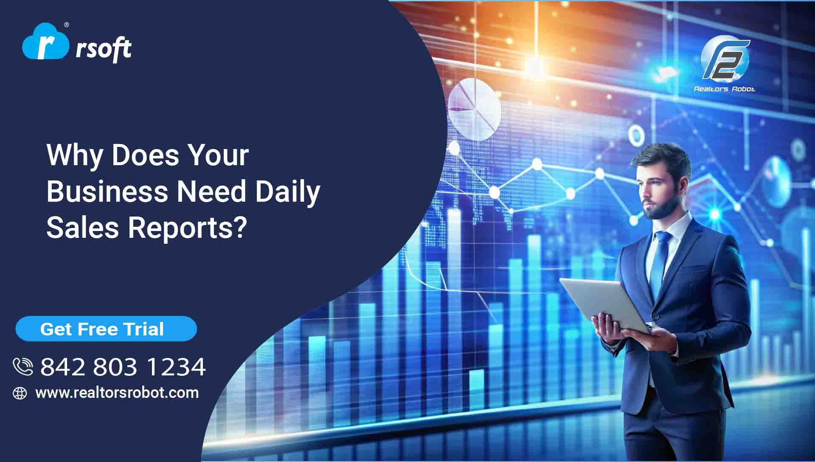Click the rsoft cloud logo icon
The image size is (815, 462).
45,42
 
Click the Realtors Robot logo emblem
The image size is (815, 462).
725,59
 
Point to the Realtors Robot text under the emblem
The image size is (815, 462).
724,89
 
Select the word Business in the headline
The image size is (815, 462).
107,191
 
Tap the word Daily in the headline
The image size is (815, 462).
287,192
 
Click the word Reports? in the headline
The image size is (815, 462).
187,228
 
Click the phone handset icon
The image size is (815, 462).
23,366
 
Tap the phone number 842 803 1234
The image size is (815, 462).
123,367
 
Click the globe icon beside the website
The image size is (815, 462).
20,393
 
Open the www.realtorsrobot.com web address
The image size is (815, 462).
117,393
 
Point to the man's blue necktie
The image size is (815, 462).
660,263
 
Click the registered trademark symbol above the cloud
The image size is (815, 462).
66,25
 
